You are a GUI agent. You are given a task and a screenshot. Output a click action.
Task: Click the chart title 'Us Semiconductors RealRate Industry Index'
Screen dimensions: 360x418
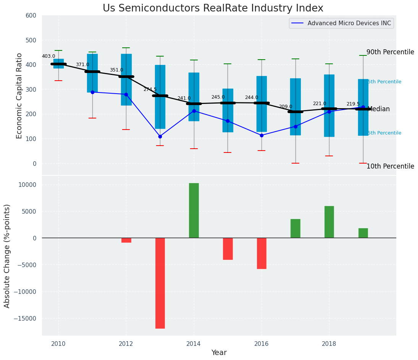click(x=213, y=8)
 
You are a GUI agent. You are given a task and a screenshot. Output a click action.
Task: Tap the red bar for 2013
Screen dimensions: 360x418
click(x=160, y=283)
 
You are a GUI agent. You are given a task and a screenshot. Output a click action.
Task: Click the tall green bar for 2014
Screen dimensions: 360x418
click(x=194, y=210)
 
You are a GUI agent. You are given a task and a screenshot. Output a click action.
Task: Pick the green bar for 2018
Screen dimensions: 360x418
click(x=329, y=222)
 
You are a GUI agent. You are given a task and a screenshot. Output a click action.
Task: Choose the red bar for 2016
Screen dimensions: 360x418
click(x=261, y=253)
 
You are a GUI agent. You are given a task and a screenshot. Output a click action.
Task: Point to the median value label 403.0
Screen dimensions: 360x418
click(x=48, y=56)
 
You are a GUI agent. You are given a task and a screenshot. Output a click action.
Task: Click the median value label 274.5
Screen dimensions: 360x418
click(x=150, y=89)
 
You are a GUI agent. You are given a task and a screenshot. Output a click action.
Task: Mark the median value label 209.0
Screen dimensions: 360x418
click(x=286, y=107)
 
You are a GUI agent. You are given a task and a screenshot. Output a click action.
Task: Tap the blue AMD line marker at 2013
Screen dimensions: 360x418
click(x=160, y=136)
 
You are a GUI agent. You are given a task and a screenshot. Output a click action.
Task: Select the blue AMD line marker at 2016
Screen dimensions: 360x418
click(x=261, y=135)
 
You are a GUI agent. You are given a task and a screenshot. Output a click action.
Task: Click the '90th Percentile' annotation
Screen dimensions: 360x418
click(x=390, y=52)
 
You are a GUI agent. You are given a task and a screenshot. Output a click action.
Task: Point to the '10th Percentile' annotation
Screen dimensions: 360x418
click(x=390, y=166)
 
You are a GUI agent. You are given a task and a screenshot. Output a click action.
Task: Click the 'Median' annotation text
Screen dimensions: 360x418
click(x=378, y=109)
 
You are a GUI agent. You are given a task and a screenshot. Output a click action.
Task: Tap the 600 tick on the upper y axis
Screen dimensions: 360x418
click(x=31, y=15)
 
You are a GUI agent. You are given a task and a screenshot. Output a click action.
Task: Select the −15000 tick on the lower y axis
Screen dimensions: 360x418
click(x=25, y=318)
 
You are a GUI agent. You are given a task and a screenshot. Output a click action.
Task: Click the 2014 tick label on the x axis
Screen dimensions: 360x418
click(x=194, y=344)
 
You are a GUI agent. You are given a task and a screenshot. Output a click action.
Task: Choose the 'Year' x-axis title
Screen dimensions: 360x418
click(x=219, y=353)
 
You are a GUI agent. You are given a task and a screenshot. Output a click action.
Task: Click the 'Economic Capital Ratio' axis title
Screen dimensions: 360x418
click(x=19, y=96)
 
